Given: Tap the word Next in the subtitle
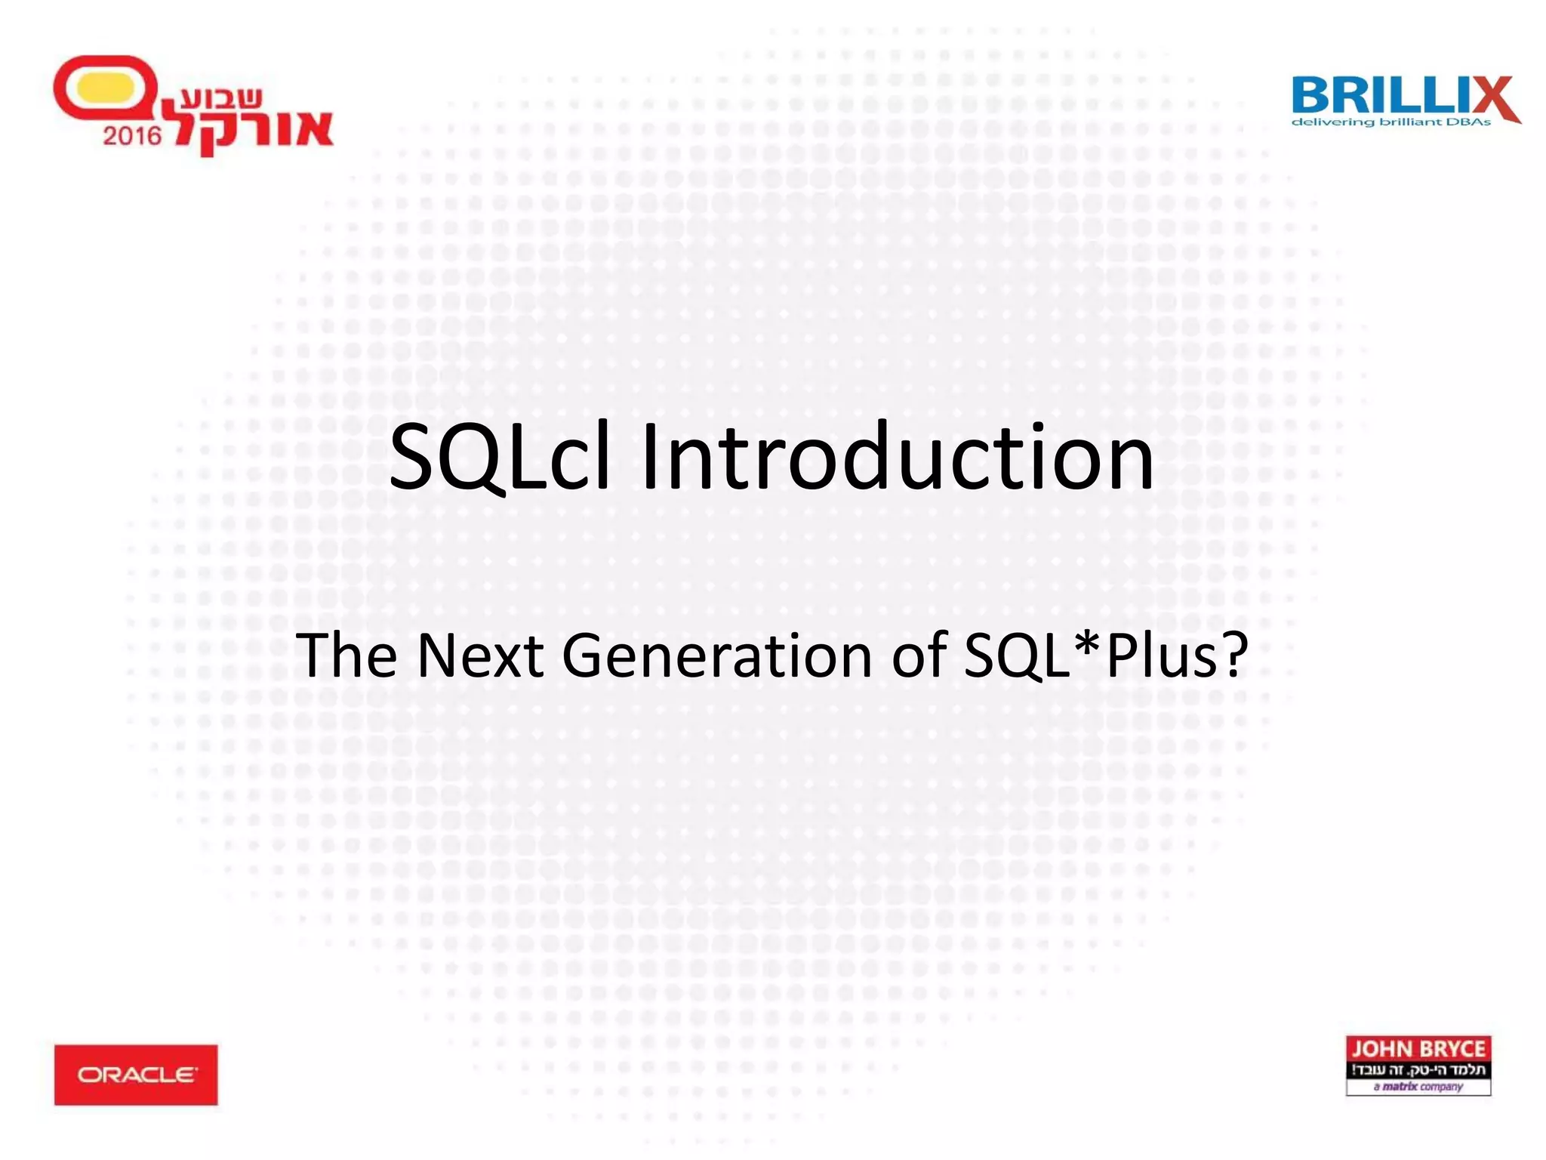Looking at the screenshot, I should [479, 656].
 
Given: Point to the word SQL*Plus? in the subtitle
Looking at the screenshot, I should [1106, 656].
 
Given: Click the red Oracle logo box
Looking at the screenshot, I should [136, 1075].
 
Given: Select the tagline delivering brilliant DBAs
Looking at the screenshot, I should [1390, 122].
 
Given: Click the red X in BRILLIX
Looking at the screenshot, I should [1491, 98].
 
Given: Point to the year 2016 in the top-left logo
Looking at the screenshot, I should [132, 136].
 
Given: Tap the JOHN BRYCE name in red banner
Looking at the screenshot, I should [1418, 1049].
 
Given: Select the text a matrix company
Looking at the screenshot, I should [1418, 1087].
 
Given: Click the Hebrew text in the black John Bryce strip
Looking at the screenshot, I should [1418, 1069].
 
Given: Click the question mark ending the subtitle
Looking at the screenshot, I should [1233, 654].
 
